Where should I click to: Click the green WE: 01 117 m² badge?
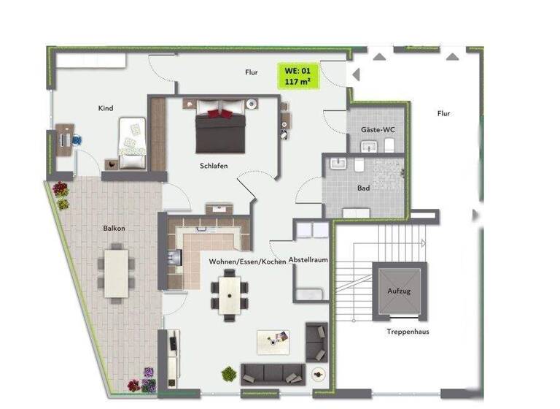(x=298, y=75)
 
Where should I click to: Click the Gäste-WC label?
(x=378, y=129)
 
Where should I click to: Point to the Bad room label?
(x=363, y=188)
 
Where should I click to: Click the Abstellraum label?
(x=309, y=260)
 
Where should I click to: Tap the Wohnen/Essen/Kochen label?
(x=247, y=261)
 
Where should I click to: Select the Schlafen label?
(x=214, y=166)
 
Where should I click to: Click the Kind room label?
(x=106, y=108)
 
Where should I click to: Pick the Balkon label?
(x=114, y=228)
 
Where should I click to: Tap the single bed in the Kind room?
(x=133, y=143)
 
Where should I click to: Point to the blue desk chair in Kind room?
(x=76, y=139)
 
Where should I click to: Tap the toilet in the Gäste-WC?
(x=389, y=147)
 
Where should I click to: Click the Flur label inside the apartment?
(x=252, y=72)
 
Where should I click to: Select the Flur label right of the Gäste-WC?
(x=443, y=113)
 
